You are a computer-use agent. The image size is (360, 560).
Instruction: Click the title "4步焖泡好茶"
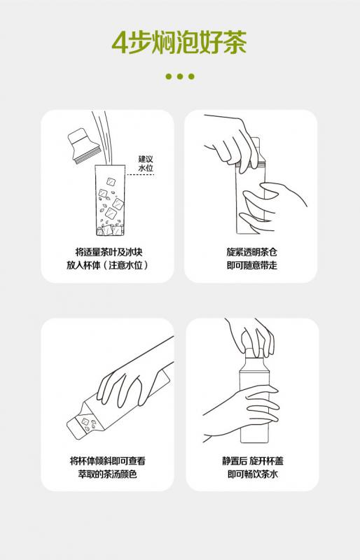tap(179, 43)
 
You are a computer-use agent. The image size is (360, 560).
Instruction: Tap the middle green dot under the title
tap(180, 76)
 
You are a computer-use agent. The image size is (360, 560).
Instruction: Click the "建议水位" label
tap(146, 163)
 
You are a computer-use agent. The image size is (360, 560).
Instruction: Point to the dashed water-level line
tap(140, 174)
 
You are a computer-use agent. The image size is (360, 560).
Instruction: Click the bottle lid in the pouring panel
tap(83, 146)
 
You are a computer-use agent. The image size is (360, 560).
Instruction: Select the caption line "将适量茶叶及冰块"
tap(109, 252)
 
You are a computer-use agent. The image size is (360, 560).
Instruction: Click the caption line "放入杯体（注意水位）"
tap(107, 265)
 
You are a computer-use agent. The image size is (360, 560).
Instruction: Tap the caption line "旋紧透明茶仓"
tap(251, 252)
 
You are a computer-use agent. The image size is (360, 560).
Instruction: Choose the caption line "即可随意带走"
tap(251, 265)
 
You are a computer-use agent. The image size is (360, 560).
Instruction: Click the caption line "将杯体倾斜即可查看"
tap(108, 461)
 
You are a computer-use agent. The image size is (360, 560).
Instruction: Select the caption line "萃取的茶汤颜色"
tap(108, 474)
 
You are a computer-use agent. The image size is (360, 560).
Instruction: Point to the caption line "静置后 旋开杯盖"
tap(253, 461)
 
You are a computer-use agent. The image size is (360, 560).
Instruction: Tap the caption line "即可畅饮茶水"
tap(253, 474)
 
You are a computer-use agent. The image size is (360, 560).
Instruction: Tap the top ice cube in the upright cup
tap(111, 181)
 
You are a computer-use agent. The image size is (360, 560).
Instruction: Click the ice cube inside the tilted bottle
tap(86, 421)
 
